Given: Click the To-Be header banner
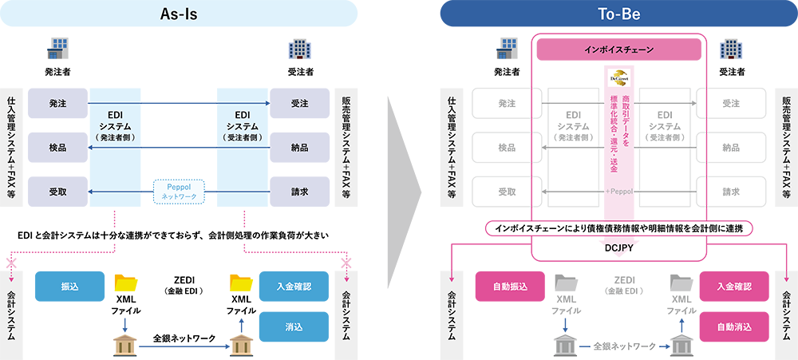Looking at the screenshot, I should pyautogui.click(x=618, y=14).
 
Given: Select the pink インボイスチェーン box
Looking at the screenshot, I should pyautogui.click(x=618, y=49).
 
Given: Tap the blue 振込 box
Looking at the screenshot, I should pyautogui.click(x=69, y=286).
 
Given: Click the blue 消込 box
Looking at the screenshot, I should pyautogui.click(x=294, y=326).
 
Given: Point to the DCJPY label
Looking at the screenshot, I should pyautogui.click(x=618, y=248).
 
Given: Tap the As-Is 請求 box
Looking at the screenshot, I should pyautogui.click(x=300, y=192).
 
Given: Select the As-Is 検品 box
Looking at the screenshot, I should pyautogui.click(x=58, y=147).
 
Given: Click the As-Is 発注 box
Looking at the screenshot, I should pyautogui.click(x=58, y=103).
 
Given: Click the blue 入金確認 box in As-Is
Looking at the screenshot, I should pyautogui.click(x=294, y=286).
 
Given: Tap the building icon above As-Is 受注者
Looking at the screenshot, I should pyautogui.click(x=300, y=49).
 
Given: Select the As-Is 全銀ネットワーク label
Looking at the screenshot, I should pyautogui.click(x=184, y=338).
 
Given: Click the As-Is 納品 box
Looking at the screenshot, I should pyautogui.click(x=300, y=147).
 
